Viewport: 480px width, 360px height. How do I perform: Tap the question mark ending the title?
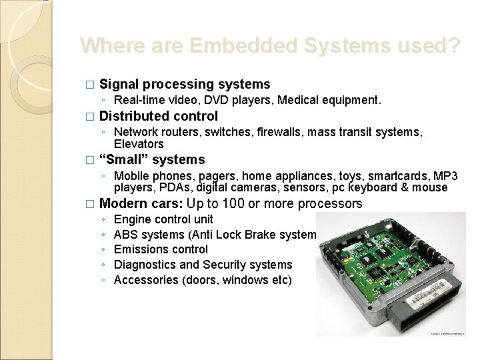(453, 46)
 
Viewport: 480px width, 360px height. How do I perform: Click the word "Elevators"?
(139, 143)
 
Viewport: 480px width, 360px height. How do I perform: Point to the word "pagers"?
(193, 176)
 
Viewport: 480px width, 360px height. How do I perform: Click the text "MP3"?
(445, 176)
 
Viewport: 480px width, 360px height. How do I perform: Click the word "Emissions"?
(141, 249)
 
